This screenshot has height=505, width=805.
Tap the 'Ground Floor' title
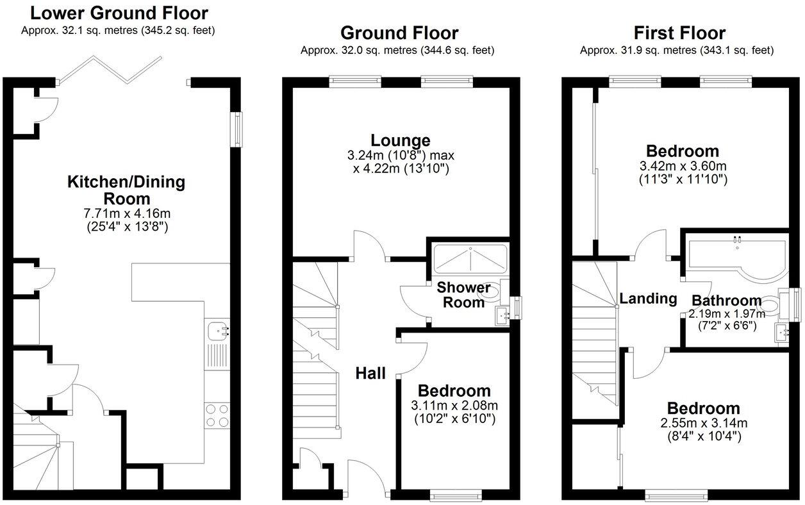[x=399, y=33]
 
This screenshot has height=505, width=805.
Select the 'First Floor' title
[x=679, y=33]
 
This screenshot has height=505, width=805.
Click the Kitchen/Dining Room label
[x=126, y=190]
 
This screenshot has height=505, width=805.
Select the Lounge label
[x=401, y=140]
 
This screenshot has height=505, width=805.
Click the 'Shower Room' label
[x=463, y=295]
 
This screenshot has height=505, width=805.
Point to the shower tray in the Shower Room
[x=470, y=259]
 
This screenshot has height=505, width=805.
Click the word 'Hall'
[x=371, y=373]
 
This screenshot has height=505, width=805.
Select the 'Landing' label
[x=648, y=298]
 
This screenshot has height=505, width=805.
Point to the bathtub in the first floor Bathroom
[x=737, y=256]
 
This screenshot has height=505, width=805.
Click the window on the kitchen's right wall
[x=238, y=128]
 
